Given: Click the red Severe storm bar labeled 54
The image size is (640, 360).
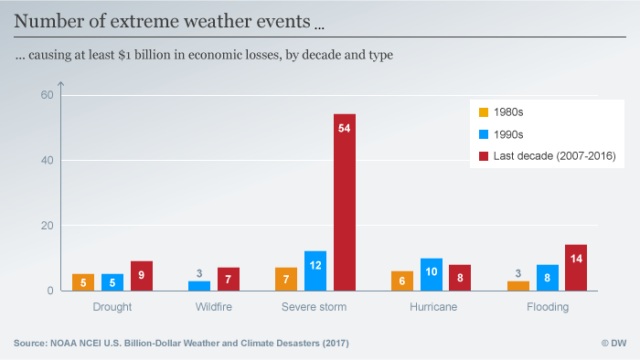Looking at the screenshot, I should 344,202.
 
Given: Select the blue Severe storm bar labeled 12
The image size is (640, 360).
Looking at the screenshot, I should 315,270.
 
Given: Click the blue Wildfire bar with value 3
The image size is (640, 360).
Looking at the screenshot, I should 199,285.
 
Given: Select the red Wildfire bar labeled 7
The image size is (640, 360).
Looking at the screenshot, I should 228,279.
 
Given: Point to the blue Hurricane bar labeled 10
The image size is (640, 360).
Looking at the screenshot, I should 431,274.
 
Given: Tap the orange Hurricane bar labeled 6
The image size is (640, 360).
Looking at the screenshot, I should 402,281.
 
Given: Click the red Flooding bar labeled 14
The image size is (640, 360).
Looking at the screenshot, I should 576,268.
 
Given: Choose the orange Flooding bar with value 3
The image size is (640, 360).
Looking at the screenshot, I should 518,285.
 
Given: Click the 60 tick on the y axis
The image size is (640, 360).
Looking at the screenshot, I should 48,95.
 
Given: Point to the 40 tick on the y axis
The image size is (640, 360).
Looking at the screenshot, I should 48,160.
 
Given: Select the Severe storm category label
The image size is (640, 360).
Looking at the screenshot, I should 315,307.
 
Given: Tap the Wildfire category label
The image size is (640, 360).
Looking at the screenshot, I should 213,307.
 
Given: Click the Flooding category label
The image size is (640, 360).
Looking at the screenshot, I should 547,307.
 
